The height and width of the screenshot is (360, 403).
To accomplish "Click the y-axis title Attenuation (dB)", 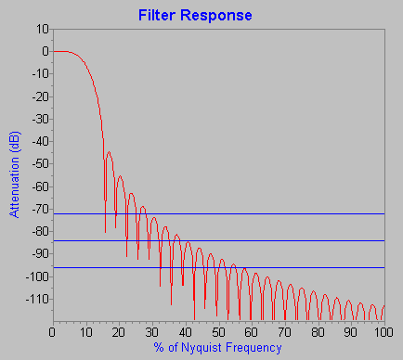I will (x=15, y=174).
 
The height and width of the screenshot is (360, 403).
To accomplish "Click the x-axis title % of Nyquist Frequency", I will (x=218, y=347).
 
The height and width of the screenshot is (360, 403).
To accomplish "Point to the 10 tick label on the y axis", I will (x=43, y=29).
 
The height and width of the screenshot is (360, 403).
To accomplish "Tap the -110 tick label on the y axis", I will (x=37, y=300).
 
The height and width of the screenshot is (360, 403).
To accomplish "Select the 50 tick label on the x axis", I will (x=217, y=332).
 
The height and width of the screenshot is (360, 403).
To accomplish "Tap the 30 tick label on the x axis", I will (x=151, y=332).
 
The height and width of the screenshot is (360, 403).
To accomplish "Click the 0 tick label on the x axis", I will (x=53, y=332).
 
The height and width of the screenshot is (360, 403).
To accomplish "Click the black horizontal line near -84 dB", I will (x=279, y=241).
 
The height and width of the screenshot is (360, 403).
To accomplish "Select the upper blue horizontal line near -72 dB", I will (x=279, y=213).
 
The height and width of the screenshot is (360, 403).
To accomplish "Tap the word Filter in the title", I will (x=159, y=16).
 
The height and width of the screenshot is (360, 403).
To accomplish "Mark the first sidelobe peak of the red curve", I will (x=110, y=152).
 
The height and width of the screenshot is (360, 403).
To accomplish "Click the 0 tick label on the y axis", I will (x=45, y=52).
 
